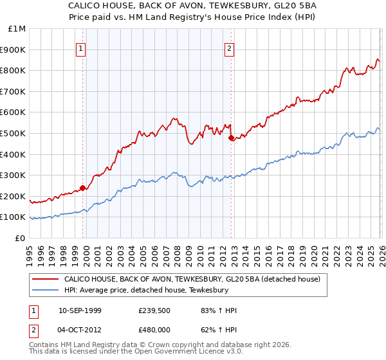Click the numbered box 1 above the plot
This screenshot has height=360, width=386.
[x=82, y=47]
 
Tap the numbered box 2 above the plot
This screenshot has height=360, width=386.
[x=230, y=47]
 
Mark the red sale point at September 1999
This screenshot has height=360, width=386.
[x=82, y=188]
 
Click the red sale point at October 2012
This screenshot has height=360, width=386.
[x=231, y=137]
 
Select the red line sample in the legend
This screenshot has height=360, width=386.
[x=45, y=280]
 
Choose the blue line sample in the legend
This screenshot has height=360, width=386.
[x=45, y=291]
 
